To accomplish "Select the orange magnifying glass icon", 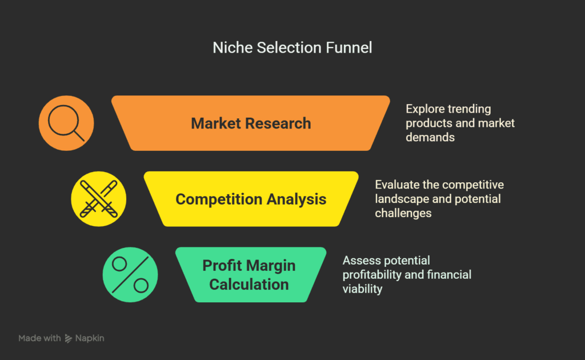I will tap(66, 123).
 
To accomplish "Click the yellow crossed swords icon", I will tap(98, 199).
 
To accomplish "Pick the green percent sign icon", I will tap(130, 275).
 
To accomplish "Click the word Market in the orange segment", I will tap(215, 123).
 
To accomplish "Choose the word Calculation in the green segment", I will tap(249, 285).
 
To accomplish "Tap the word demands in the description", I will tap(430, 137).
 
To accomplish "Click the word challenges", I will tap(403, 213).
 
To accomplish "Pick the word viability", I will tap(362, 289).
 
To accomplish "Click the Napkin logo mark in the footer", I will tap(69, 338).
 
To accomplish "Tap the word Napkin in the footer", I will tap(90, 338).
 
